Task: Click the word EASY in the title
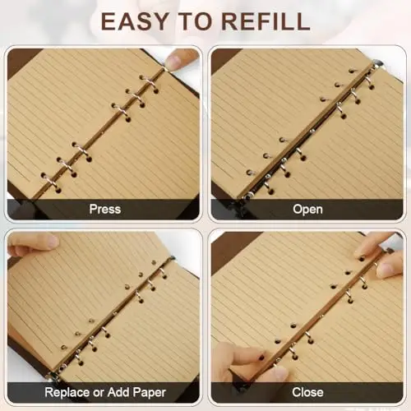point(135,21)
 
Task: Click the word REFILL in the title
point(266,21)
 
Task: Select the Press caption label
point(105,209)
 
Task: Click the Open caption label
point(307,210)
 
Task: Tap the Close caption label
point(307,392)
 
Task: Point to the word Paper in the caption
point(150,393)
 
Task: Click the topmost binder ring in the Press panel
point(148,81)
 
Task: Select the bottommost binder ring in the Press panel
point(49,180)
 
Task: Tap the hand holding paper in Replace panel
point(33,244)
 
